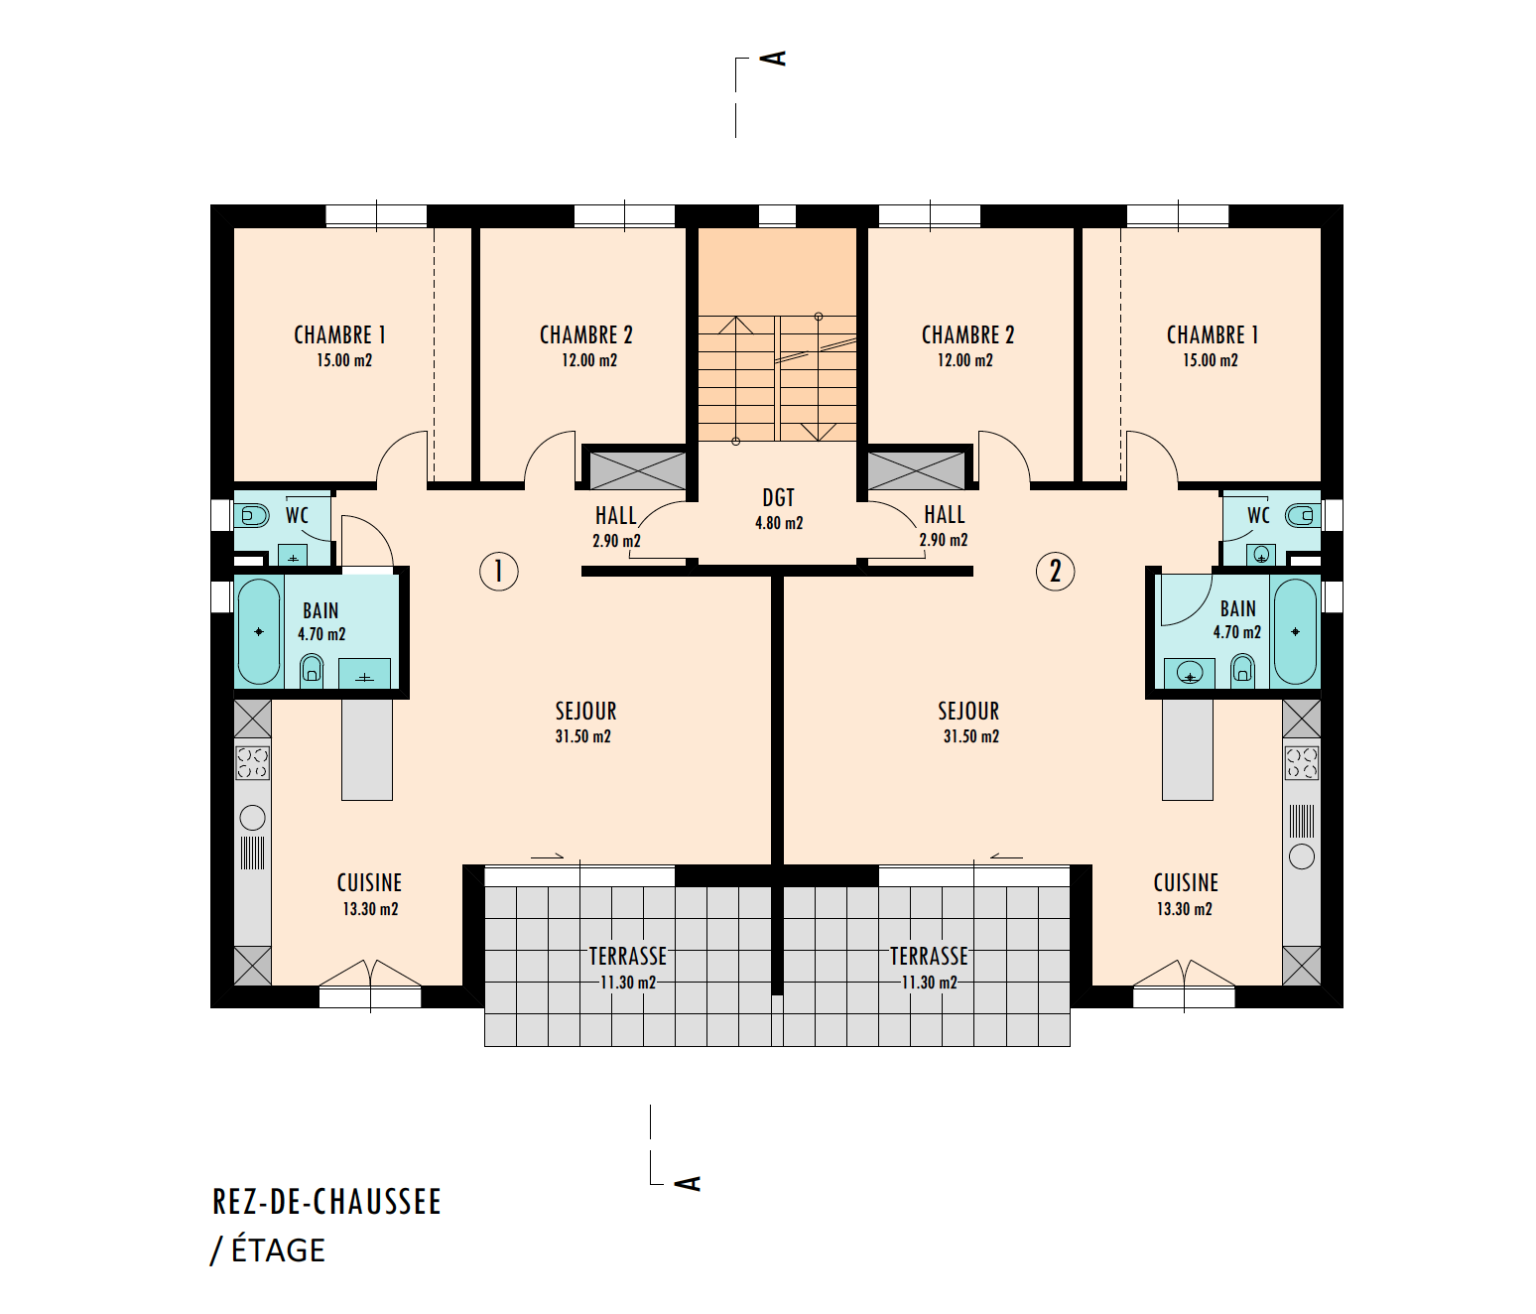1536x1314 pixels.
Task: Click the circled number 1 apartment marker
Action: pos(499,572)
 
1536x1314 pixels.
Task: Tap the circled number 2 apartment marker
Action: pos(1055,572)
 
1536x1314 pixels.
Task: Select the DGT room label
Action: pos(779,498)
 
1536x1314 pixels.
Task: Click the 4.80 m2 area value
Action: pos(779,523)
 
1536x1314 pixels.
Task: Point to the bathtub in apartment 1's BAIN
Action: pos(259,632)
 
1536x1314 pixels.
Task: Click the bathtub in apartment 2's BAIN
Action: pos(1295,632)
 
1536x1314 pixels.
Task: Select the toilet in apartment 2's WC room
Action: pos(1301,515)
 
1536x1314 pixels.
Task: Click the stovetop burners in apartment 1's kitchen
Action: pos(253,763)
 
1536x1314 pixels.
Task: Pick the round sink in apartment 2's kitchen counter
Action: pos(1301,856)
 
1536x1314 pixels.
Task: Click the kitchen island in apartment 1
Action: pos(367,750)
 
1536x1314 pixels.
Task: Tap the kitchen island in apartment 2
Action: pos(1188,750)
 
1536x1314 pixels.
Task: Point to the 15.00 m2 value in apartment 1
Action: pos(344,360)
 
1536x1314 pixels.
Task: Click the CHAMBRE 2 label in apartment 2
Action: pos(967,335)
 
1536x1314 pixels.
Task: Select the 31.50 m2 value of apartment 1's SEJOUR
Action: pos(583,736)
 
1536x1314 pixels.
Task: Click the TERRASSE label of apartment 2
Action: pos(929,956)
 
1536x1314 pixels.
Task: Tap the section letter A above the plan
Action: pos(774,58)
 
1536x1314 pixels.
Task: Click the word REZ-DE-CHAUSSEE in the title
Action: pos(327,1202)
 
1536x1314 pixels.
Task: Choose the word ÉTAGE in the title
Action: pos(278,1250)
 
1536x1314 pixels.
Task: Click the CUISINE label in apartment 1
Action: pos(369,883)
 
